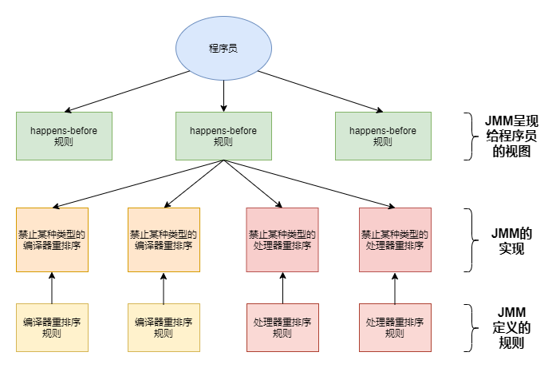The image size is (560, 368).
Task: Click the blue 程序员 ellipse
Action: tap(223, 48)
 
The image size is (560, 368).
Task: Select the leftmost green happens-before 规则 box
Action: tap(64, 136)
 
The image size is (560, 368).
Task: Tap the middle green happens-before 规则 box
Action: tap(223, 136)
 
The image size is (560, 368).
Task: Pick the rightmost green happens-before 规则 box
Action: tap(383, 136)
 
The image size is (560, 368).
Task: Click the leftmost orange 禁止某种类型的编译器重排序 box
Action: tap(52, 239)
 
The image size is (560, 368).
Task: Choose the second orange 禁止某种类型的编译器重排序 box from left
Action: tap(164, 239)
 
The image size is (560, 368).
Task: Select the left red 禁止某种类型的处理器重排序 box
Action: tap(282, 239)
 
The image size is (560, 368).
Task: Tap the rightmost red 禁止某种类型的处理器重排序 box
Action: tap(395, 239)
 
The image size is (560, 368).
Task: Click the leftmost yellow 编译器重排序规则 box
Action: tap(52, 327)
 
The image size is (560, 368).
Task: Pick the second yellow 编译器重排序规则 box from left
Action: tap(164, 327)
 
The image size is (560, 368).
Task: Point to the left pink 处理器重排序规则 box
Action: tap(282, 327)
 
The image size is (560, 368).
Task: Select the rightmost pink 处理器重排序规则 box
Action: tap(395, 327)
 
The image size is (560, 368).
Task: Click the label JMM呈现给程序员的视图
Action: tap(511, 136)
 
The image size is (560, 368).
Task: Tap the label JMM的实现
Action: tap(511, 240)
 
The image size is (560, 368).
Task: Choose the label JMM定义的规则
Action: tap(511, 327)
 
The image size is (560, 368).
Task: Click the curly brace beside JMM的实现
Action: tap(470, 239)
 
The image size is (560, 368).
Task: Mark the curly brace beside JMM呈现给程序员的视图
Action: tap(470, 136)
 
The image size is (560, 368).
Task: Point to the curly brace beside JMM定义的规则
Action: tap(470, 327)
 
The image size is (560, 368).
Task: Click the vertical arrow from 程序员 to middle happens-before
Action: tap(223, 96)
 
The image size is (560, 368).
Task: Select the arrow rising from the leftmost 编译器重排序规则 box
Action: tap(52, 288)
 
